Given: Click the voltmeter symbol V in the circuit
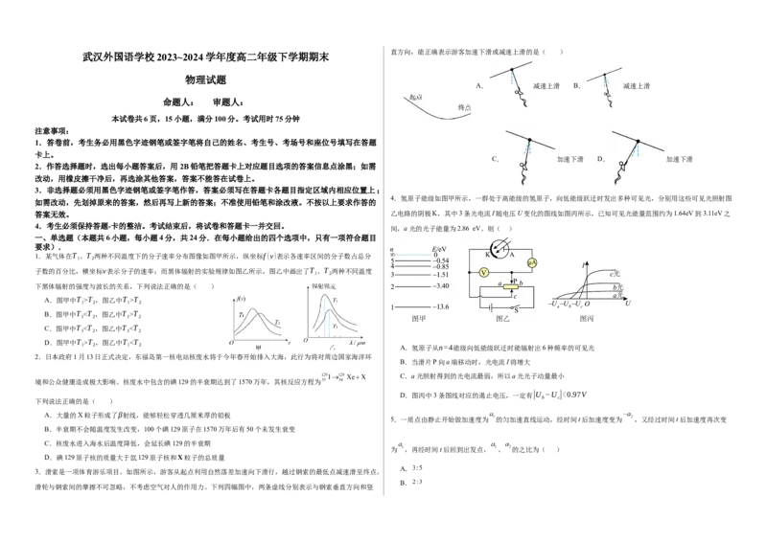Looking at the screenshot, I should click(484, 273).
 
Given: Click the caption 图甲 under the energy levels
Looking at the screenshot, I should click(417, 319).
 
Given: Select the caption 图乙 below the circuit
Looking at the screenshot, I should click(503, 319).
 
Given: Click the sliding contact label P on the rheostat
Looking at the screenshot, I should click(514, 279).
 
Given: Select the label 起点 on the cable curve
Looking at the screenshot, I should click(415, 98).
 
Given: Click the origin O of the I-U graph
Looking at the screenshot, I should click(586, 304).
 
